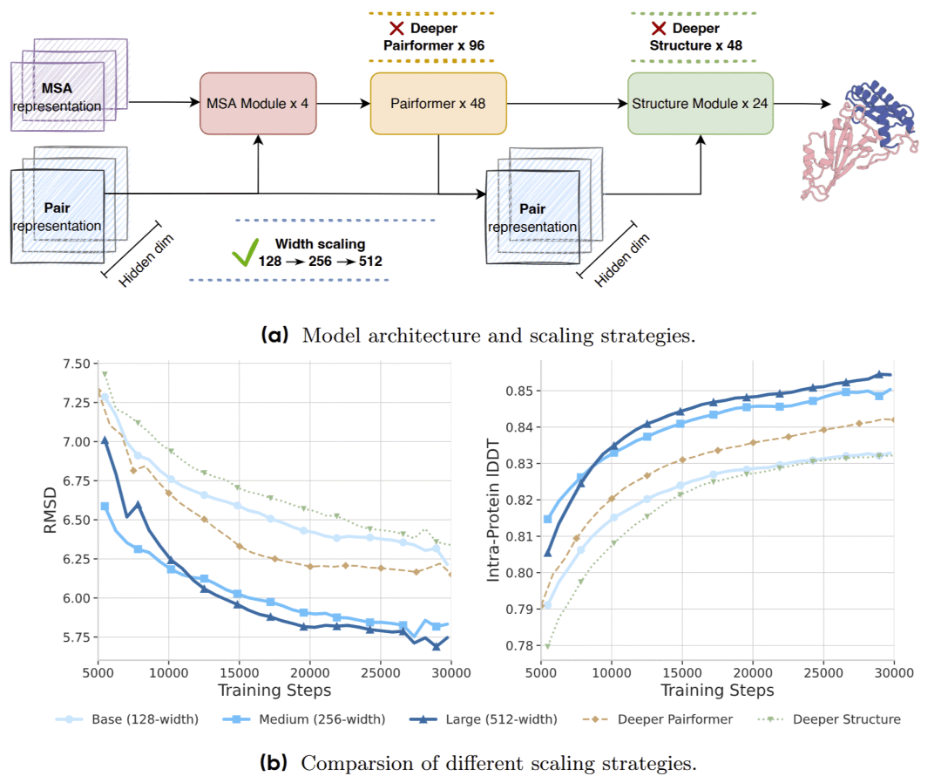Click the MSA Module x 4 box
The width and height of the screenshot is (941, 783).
pyautogui.click(x=258, y=103)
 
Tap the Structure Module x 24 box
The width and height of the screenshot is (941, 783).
pyautogui.click(x=700, y=103)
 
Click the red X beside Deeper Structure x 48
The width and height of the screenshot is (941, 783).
pyautogui.click(x=659, y=29)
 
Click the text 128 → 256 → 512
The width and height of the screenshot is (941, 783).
pyautogui.click(x=321, y=261)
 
